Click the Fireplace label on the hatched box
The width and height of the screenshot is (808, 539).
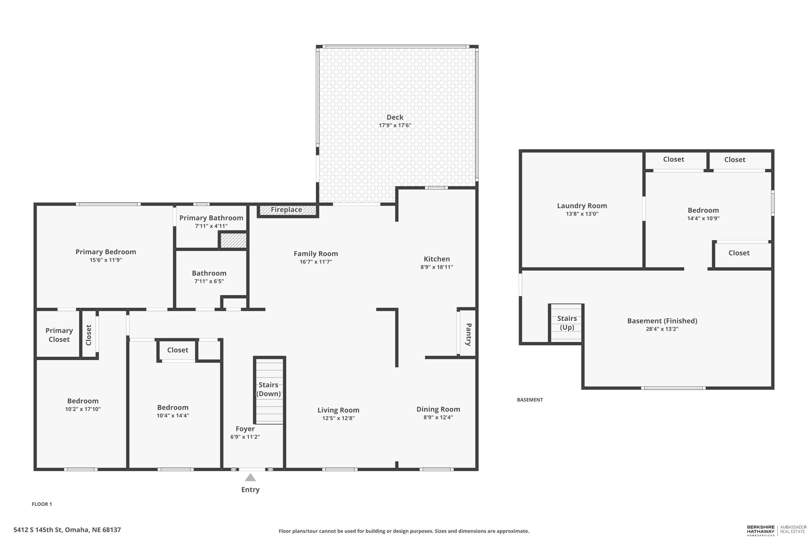[286, 210]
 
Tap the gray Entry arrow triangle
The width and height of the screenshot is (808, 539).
[250, 478]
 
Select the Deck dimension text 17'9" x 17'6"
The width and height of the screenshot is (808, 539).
[395, 126]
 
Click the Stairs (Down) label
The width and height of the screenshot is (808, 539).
[268, 389]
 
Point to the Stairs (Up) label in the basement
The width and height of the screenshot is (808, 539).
[567, 323]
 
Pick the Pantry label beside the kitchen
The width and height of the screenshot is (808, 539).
[468, 334]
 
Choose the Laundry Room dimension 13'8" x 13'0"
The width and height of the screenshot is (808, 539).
[582, 214]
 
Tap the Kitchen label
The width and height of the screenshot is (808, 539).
[437, 259]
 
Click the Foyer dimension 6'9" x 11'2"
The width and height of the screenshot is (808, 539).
[245, 437]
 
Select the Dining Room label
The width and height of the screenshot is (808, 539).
[438, 409]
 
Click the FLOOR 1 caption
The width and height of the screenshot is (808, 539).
[42, 504]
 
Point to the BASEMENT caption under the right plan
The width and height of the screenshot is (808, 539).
[530, 399]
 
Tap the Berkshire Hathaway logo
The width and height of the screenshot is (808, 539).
[761, 531]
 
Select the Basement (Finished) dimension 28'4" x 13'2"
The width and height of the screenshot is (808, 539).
[662, 329]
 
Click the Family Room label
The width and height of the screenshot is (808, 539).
[316, 254]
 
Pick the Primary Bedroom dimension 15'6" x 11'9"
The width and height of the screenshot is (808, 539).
[106, 260]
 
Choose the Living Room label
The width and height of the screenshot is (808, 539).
[338, 410]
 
